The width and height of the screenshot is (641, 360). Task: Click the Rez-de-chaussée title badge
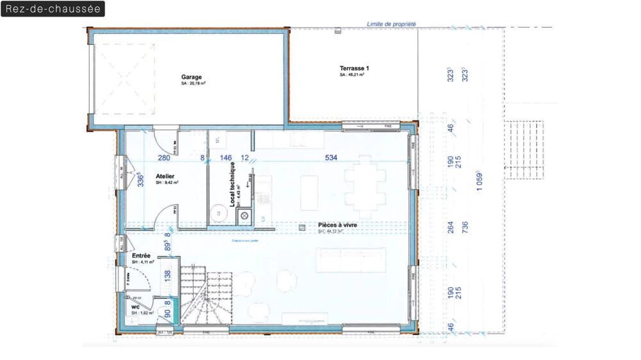53,9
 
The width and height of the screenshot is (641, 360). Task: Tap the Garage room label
191,78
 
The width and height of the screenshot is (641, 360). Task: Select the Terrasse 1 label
354,68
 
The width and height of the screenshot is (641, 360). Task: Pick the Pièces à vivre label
337,225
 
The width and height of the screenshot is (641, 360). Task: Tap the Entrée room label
141,256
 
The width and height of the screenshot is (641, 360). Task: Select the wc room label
135,307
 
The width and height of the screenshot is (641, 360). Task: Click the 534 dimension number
331,158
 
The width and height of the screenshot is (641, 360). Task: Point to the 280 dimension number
164,158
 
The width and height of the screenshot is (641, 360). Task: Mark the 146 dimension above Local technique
226,158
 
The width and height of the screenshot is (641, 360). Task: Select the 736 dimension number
465,227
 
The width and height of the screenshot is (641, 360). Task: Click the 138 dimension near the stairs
168,276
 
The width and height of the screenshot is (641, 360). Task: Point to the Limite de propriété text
391,24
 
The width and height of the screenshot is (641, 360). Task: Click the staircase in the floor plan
205,295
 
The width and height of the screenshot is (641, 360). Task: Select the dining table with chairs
365,190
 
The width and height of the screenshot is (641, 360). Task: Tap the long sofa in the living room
355,260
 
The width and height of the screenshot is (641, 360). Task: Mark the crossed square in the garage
126,78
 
